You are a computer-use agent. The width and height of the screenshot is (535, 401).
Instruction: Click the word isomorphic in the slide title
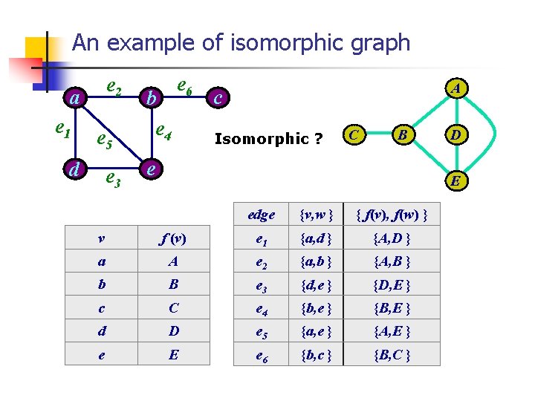tap(267, 42)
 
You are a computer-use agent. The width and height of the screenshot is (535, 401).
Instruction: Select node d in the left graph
tap(74, 169)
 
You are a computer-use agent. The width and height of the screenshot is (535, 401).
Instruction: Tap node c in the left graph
tap(218, 97)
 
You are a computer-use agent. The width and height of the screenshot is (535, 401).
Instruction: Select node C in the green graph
tap(356, 134)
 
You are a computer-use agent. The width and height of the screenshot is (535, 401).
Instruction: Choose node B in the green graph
tap(402, 134)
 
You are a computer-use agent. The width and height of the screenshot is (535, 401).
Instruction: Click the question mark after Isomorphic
tap(317, 139)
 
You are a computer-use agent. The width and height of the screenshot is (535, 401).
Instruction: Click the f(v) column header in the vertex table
tap(173, 238)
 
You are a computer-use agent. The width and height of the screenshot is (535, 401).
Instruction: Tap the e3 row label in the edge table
tap(261, 284)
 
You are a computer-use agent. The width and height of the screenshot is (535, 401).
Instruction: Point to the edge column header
tap(261, 215)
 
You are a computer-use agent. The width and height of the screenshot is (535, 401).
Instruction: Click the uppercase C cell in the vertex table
tap(173, 308)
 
